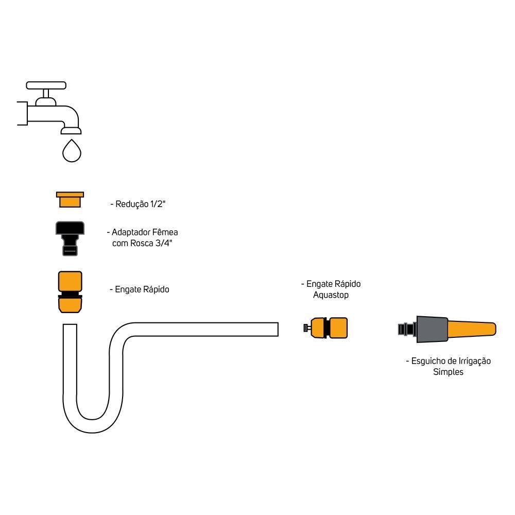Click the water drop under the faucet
72,150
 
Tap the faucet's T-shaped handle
46,85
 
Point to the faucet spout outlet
71,129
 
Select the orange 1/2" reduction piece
70,199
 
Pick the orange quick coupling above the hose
70,291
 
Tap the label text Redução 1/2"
138,204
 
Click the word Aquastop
331,295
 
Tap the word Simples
448,372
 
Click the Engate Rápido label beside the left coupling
140,289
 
